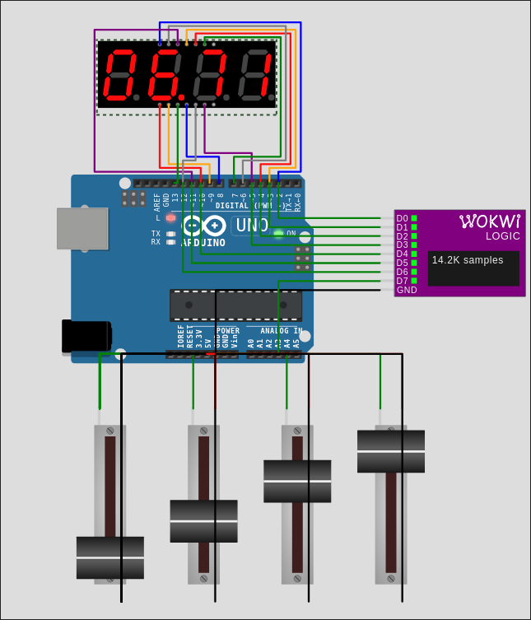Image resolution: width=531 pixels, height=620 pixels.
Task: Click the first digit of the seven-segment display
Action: [120, 74]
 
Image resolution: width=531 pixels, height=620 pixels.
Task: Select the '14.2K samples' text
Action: [468, 260]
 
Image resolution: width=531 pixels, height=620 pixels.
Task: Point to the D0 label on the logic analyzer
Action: [402, 218]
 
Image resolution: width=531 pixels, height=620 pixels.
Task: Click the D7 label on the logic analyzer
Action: [402, 281]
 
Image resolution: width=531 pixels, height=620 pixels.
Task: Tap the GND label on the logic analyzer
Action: [407, 290]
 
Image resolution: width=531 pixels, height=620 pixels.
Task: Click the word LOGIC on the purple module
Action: [502, 235]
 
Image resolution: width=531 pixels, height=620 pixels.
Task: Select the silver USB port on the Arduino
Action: [82, 228]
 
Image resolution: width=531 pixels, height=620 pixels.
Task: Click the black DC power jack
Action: [86, 336]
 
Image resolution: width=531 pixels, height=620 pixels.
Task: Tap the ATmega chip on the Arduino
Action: [235, 305]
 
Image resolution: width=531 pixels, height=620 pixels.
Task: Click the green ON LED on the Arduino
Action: [278, 234]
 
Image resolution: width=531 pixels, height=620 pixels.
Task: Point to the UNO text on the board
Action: [252, 225]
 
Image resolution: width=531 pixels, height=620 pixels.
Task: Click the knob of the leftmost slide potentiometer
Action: [110, 557]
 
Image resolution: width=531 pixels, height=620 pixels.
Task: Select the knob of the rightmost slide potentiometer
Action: [391, 451]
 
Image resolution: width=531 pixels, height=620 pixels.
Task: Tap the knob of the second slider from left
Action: [203, 521]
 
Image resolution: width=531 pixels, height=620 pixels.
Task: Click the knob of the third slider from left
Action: [297, 481]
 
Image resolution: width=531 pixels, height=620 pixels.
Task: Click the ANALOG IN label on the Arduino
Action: [275, 330]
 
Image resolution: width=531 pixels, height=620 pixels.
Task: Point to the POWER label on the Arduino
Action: [228, 330]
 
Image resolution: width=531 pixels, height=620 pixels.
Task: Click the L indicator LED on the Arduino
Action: [170, 218]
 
